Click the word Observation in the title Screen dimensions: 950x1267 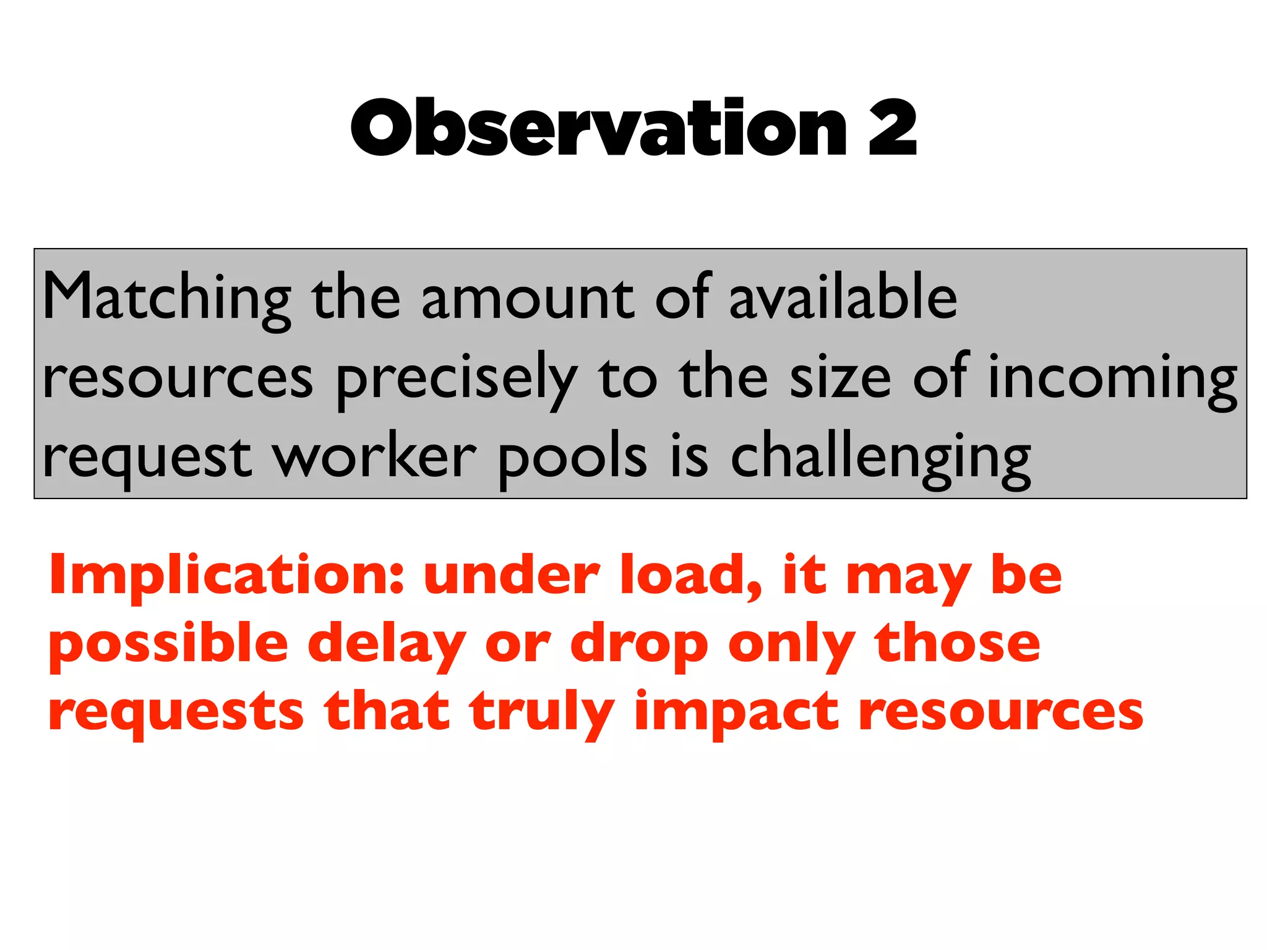point(598,128)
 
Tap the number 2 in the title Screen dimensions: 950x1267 point(892,129)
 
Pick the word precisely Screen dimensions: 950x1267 point(457,379)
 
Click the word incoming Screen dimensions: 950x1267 point(1112,379)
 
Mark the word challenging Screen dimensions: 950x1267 point(880,458)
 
